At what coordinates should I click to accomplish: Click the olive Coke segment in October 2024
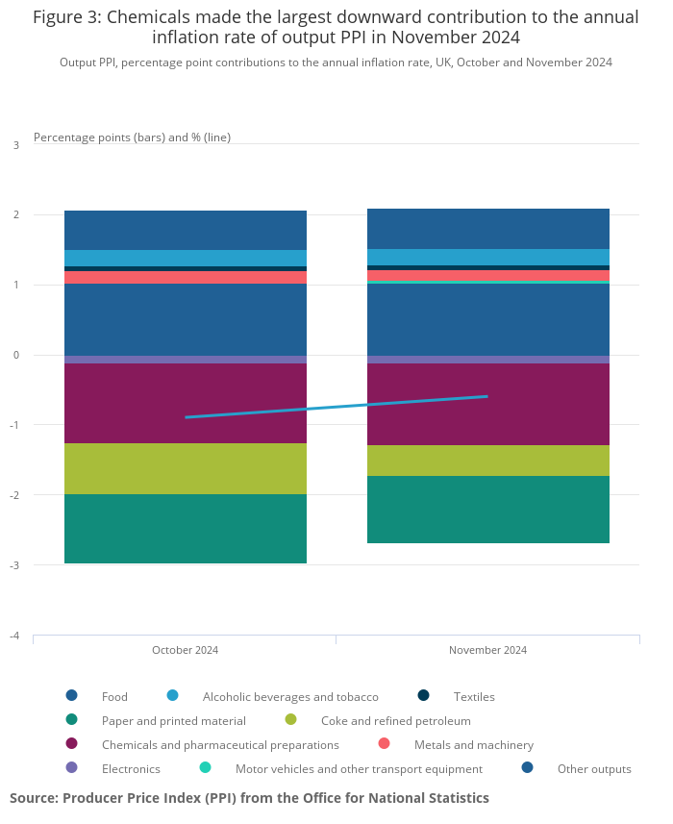185,468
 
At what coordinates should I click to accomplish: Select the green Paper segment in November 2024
487,510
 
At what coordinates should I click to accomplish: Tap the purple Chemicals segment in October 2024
185,403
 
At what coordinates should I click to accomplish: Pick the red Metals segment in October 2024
185,277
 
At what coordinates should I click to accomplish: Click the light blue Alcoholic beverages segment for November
487,257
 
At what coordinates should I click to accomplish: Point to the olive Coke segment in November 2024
487,461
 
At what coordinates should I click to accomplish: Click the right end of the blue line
486,396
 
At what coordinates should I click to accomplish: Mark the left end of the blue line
186,417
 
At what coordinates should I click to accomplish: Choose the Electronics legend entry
131,769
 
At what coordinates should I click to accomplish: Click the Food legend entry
114,696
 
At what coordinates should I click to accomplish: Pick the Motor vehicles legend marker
205,768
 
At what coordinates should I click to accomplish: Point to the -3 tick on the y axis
14,565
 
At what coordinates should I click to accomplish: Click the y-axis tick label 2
15,215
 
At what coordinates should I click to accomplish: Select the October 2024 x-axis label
185,650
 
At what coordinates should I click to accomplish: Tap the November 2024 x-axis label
487,650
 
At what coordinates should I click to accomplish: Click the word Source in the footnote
34,798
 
